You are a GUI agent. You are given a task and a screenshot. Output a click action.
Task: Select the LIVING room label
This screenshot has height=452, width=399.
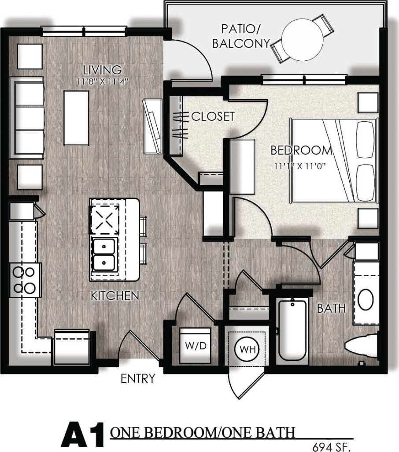tap(103, 70)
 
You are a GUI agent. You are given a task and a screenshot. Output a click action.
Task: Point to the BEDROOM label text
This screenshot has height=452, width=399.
tap(301, 150)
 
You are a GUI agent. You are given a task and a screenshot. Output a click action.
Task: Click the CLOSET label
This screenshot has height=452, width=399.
tap(213, 116)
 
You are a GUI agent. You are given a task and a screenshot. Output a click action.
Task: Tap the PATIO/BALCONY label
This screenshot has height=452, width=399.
tap(240, 37)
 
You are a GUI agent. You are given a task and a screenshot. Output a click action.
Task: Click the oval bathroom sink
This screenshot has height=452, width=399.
tap(366, 300)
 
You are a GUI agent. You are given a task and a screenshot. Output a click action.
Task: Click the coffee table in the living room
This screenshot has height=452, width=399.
tap(76, 118)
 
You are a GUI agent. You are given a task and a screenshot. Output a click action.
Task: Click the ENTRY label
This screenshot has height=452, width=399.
tap(138, 378)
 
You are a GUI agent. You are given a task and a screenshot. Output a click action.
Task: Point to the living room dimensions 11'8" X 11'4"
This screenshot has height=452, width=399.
tap(103, 81)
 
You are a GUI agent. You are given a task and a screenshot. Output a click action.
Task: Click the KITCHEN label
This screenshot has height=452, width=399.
tap(115, 295)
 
